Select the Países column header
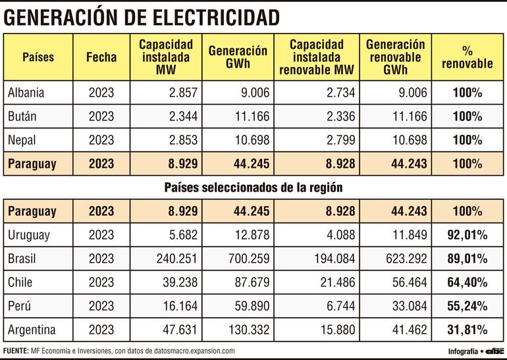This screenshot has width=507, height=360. [38, 57]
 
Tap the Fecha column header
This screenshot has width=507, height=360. [101, 57]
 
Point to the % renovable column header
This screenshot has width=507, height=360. [468, 57]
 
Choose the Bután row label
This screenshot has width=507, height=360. [22, 116]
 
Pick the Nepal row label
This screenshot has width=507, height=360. [23, 140]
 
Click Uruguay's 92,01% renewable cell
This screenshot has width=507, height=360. [468, 235]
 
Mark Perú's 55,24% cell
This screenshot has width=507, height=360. [468, 306]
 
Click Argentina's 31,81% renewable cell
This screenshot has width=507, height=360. [468, 329]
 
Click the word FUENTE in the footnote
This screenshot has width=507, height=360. [16, 351]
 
